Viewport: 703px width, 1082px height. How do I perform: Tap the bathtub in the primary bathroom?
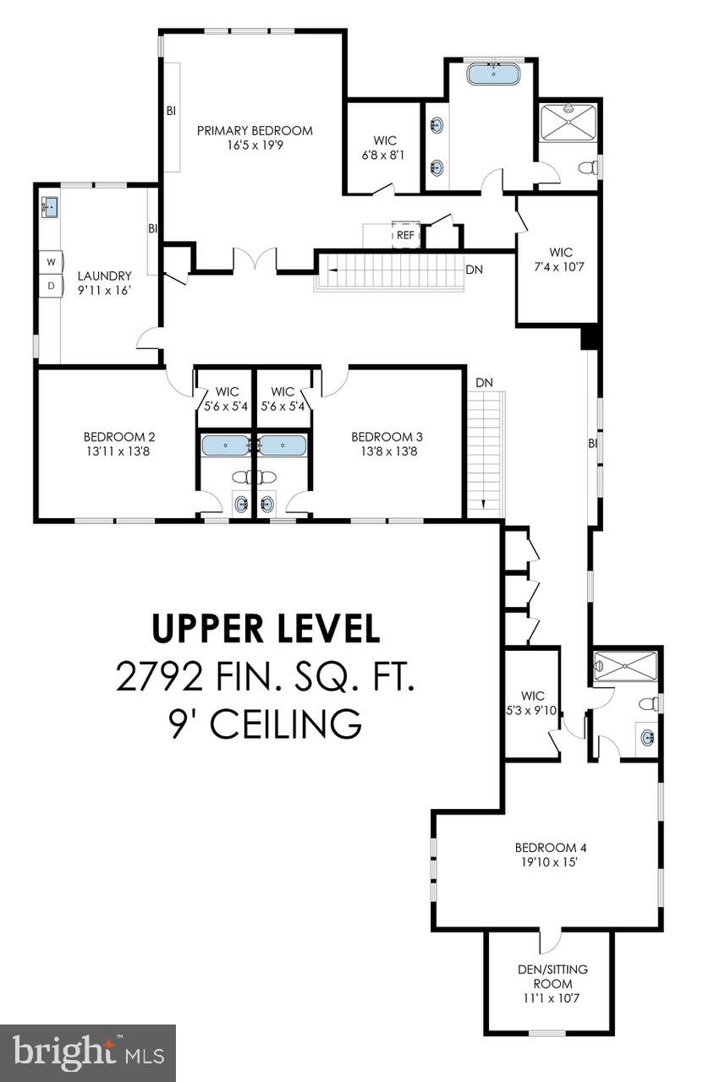(x=493, y=75)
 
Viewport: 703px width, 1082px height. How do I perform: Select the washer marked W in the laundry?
(x=51, y=262)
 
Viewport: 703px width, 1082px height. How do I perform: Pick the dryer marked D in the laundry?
(x=51, y=286)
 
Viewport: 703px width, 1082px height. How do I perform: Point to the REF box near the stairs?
(x=406, y=235)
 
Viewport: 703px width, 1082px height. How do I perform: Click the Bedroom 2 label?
(x=119, y=437)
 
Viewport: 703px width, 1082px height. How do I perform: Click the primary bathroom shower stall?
(x=568, y=123)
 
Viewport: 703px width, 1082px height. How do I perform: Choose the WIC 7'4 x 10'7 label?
(x=560, y=260)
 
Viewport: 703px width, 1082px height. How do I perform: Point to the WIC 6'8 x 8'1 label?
(x=386, y=148)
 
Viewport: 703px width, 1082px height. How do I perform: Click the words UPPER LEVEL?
(x=266, y=628)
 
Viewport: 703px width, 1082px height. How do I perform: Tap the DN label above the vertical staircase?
(x=484, y=383)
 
